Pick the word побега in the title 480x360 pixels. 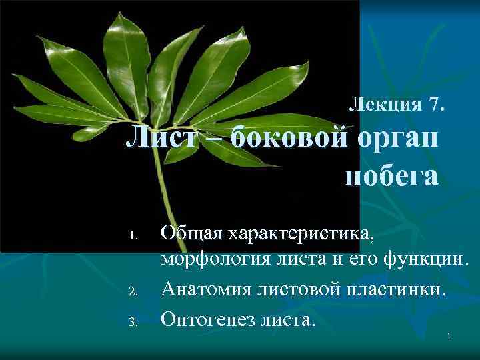(392, 176)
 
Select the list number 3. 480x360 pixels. (133, 321)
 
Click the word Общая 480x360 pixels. (191, 234)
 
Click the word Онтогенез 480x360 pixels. (209, 319)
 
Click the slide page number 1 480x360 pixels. (449, 337)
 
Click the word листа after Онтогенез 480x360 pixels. (288, 319)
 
